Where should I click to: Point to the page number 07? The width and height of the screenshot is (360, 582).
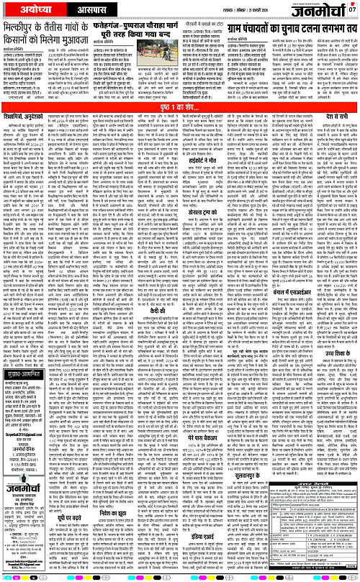352,9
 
